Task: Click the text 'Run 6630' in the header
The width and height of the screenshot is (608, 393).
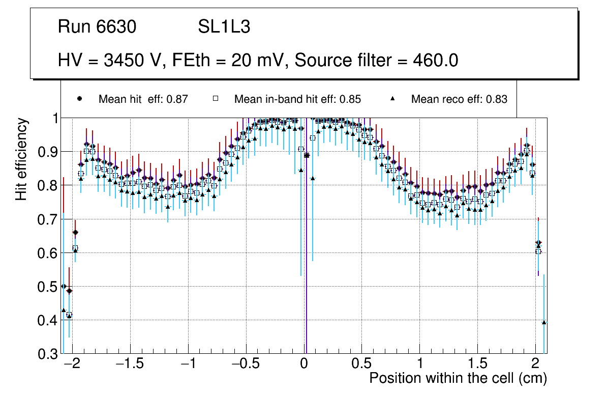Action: [x=97, y=27]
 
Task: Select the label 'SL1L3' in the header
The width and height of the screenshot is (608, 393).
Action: [x=224, y=27]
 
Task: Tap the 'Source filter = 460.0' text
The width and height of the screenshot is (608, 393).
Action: [x=377, y=61]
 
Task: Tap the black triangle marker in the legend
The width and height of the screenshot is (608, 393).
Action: [x=393, y=99]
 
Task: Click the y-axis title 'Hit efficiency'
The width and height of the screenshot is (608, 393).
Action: [x=21, y=159]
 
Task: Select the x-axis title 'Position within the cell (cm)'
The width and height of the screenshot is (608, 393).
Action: [x=458, y=378]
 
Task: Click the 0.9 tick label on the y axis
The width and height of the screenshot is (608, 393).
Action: [x=47, y=152]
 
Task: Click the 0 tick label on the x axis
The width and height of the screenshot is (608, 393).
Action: [x=303, y=364]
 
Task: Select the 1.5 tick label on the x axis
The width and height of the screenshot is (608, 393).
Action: [x=478, y=364]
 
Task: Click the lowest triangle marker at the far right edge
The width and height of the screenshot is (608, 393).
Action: [x=544, y=322]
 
